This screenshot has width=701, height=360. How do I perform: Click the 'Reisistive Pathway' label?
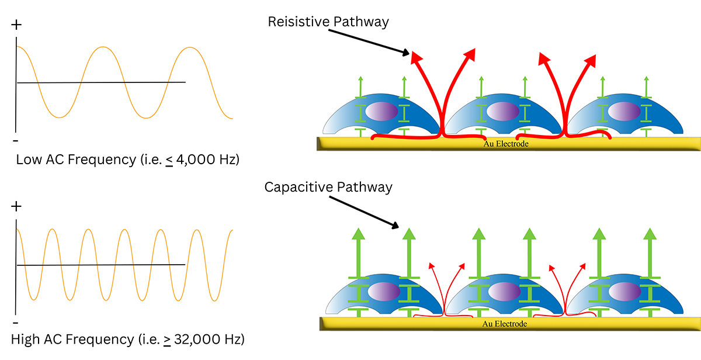328,22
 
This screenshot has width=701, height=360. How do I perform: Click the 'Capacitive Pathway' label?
328,187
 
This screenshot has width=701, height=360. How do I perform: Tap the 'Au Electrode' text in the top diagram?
506,143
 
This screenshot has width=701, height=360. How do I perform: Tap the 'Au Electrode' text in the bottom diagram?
506,323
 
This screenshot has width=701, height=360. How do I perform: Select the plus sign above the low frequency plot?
16,25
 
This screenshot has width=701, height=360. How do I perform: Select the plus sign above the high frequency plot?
16,206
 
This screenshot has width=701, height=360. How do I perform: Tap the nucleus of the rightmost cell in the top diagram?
624,111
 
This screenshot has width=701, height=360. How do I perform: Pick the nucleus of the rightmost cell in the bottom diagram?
624,291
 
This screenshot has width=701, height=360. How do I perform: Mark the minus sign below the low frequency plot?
16,141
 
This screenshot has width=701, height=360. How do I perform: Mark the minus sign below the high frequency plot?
16,322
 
